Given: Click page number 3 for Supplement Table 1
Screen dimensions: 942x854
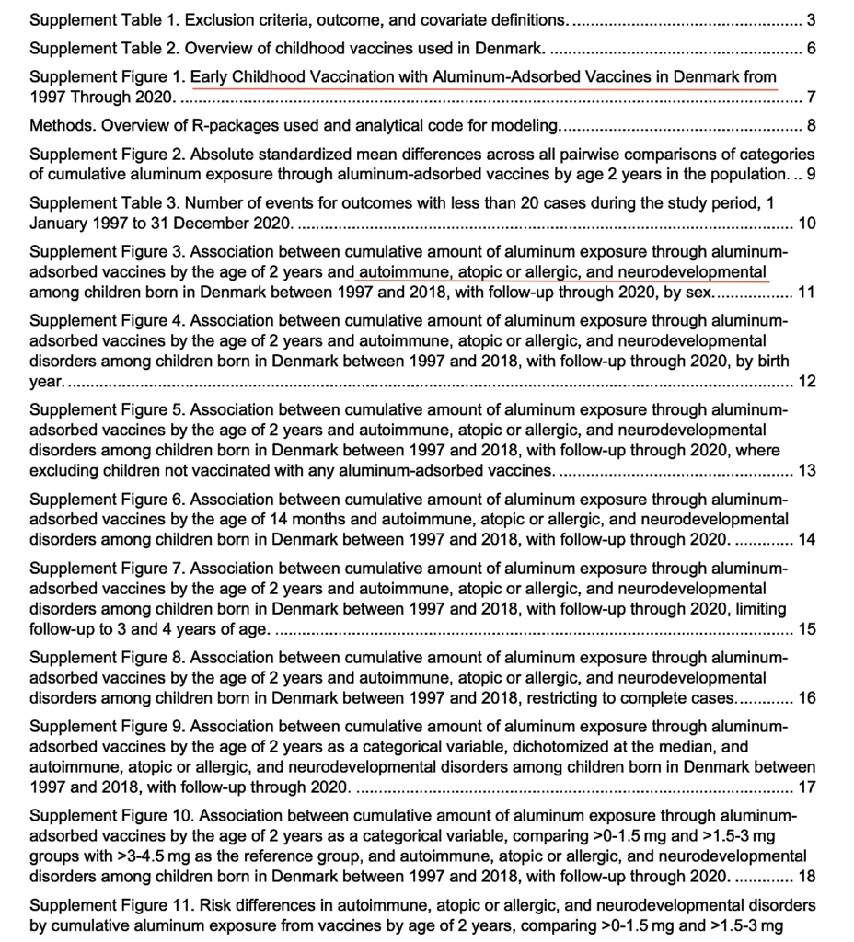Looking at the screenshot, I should pyautogui.click(x=811, y=19).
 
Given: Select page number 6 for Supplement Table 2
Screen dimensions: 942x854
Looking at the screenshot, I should pyautogui.click(x=811, y=49).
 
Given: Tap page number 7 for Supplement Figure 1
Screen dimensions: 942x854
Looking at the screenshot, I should pyautogui.click(x=811, y=97).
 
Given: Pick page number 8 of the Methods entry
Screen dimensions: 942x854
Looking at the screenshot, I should pyautogui.click(x=811, y=125).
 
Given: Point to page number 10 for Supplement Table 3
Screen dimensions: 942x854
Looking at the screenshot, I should pyautogui.click(x=807, y=224).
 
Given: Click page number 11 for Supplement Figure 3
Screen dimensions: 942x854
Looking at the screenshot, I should pyautogui.click(x=806, y=293).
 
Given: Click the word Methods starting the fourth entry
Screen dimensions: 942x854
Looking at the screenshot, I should pyautogui.click(x=58, y=125).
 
